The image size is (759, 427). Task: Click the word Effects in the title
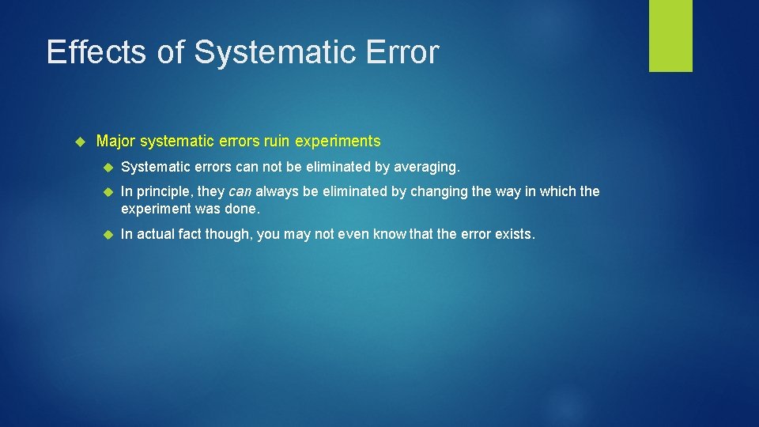[95, 52]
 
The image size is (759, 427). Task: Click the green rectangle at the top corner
[670, 35]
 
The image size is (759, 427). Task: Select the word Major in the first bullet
[115, 142]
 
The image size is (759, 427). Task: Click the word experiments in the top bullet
[338, 142]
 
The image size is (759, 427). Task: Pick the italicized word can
[240, 191]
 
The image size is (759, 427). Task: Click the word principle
[165, 191]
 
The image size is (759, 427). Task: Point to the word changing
[439, 191]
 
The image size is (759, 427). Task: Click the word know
[390, 235]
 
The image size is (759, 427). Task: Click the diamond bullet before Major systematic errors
[78, 142]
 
